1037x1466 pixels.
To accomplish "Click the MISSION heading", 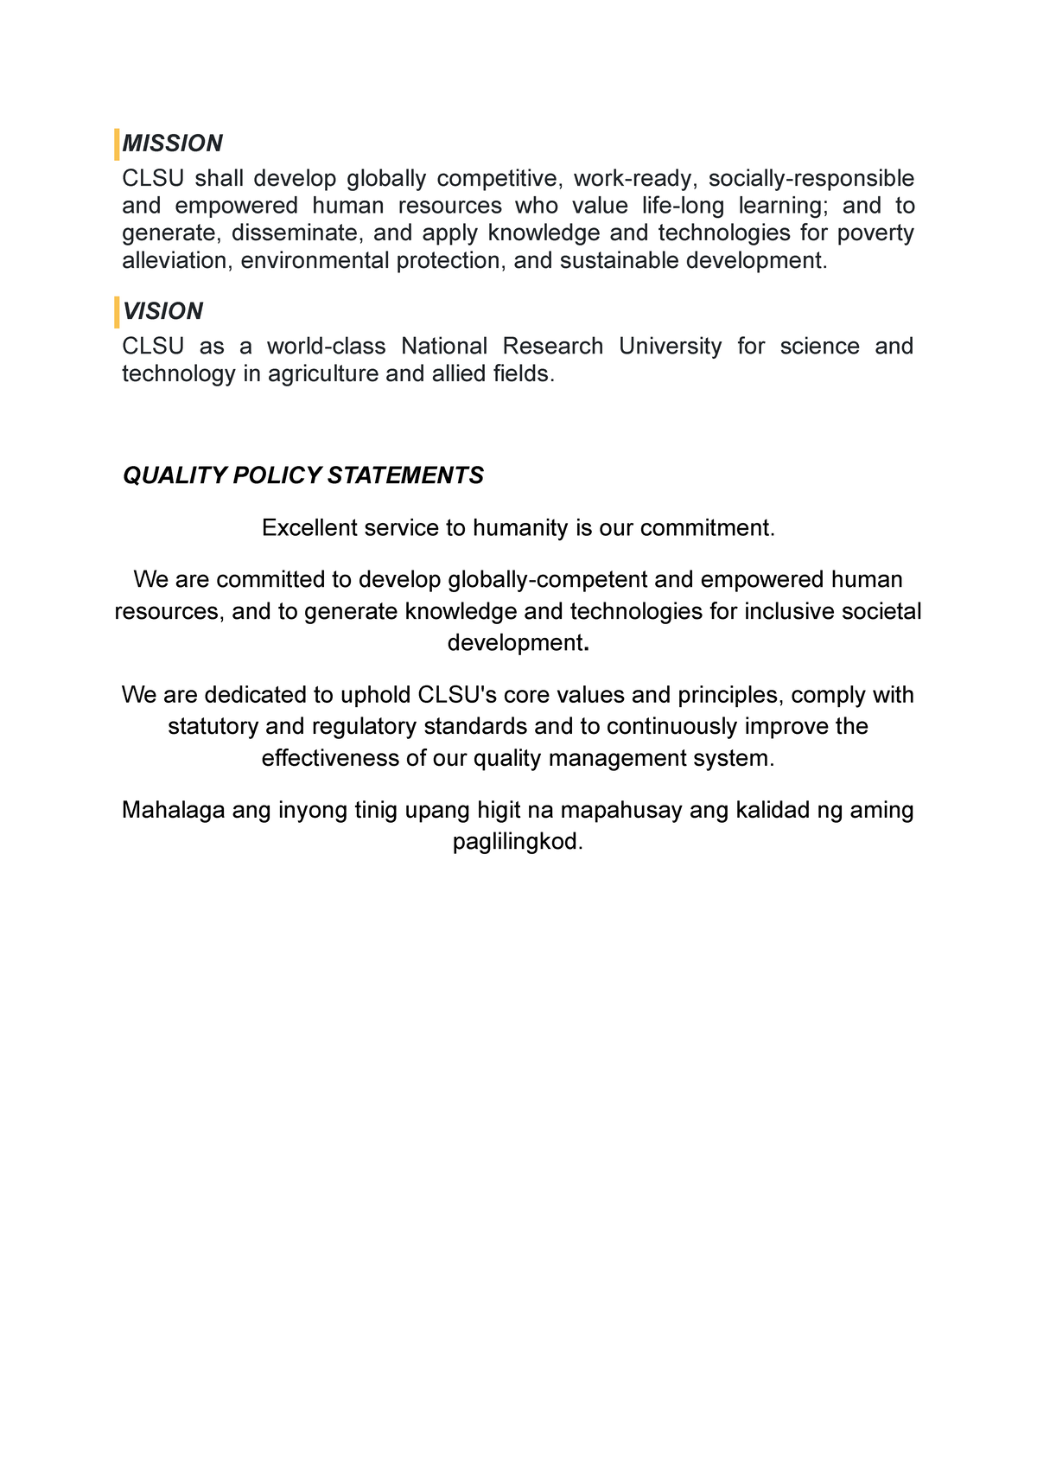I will pos(172,143).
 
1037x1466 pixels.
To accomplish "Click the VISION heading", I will pos(162,311).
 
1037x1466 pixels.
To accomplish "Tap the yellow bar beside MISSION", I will pos(117,144).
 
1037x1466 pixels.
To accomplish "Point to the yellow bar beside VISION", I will pos(117,312).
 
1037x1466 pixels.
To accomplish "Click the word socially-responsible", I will pos(811,179).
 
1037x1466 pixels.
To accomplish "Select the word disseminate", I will pos(295,233).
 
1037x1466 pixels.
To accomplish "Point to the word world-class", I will pos(326,347).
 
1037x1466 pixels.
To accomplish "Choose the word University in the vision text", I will pos(670,347).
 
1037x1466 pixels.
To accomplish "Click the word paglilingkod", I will pos(518,842).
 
